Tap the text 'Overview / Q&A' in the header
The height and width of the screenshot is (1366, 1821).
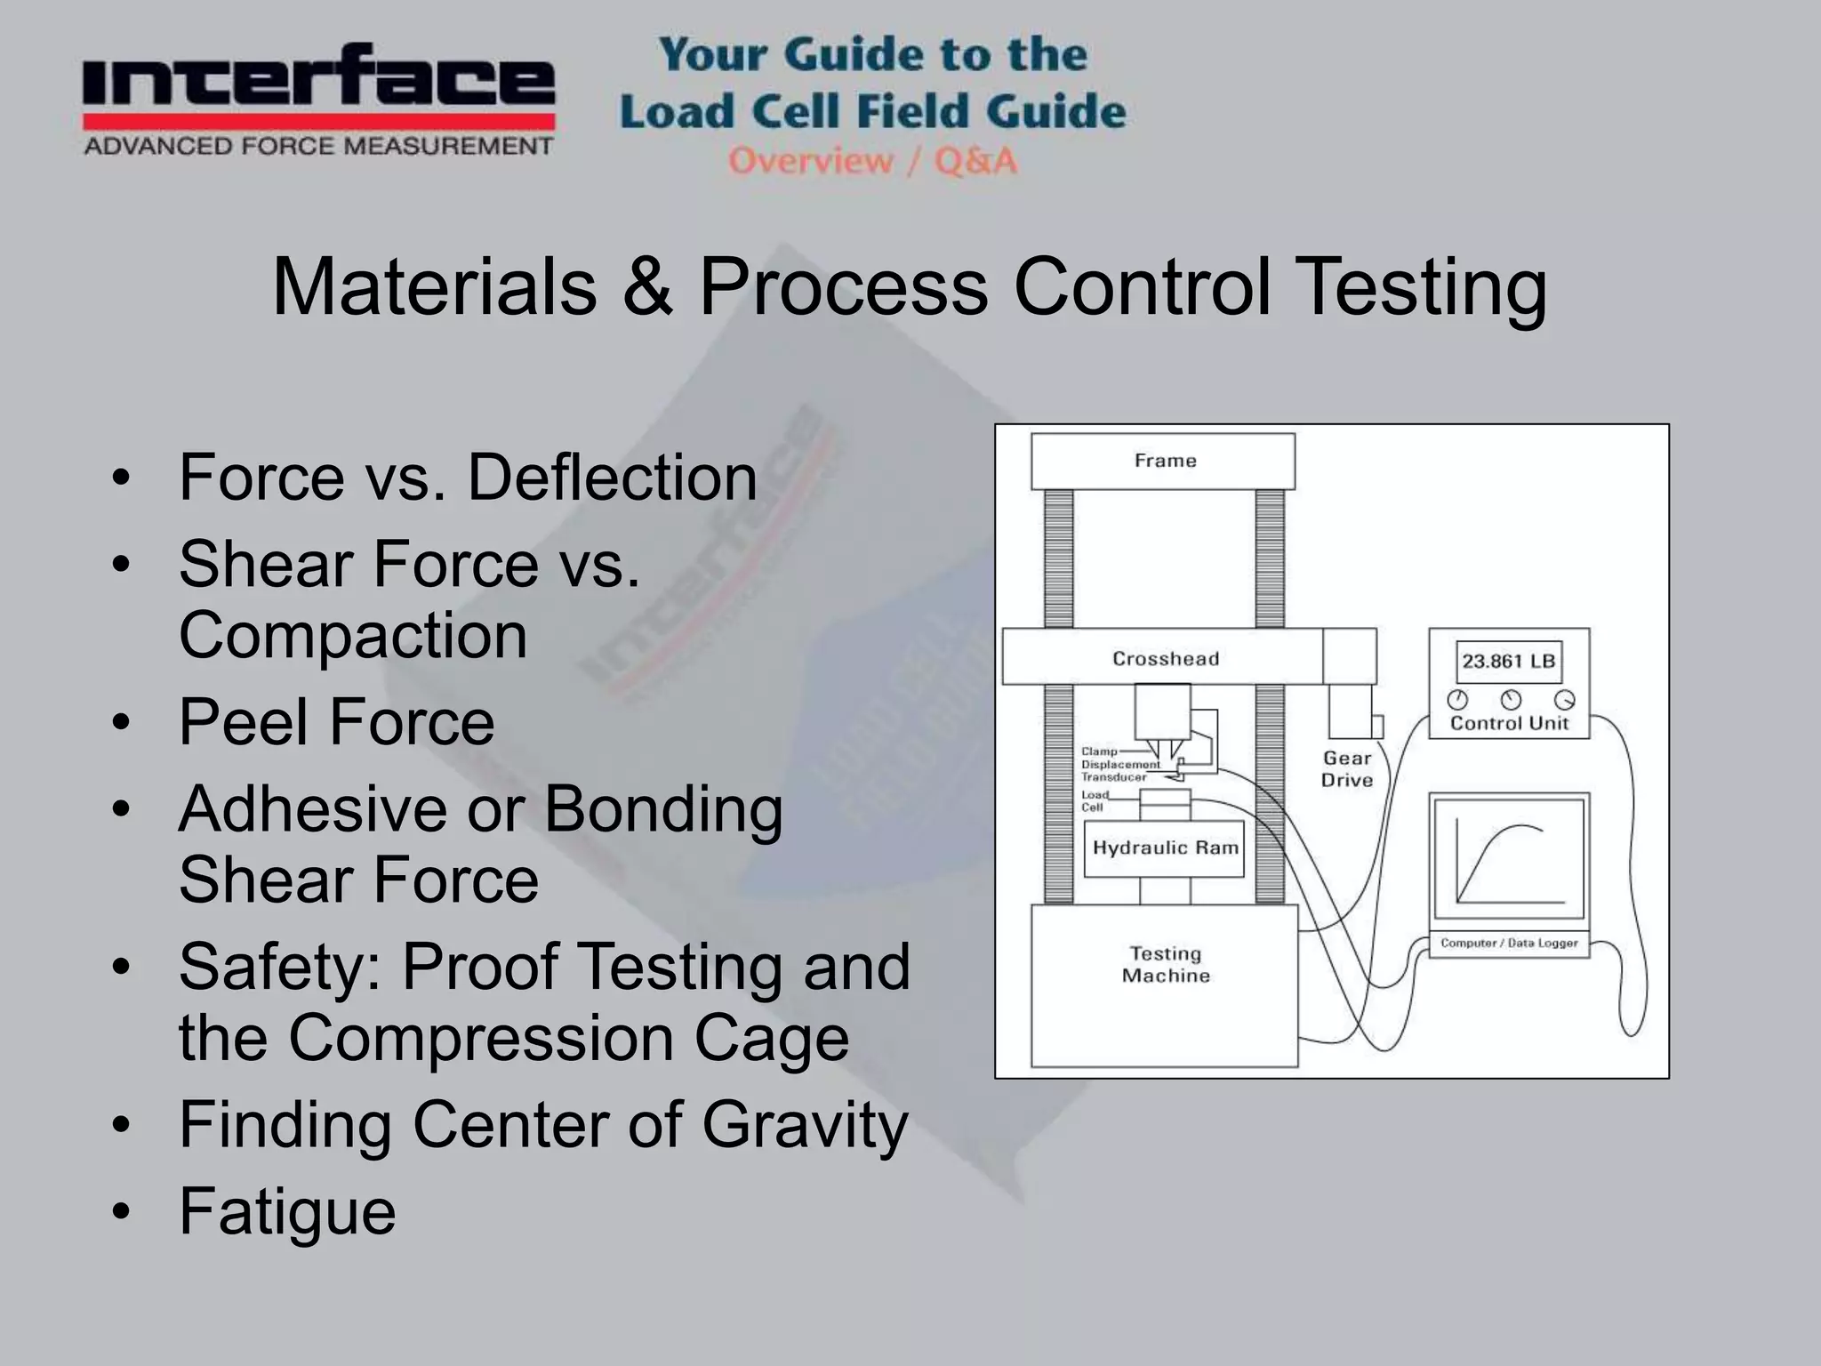(x=872, y=161)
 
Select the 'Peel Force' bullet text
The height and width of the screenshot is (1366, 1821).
(x=336, y=721)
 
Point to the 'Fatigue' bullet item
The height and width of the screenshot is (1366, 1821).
(x=287, y=1211)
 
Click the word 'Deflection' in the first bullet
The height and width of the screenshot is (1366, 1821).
(x=612, y=478)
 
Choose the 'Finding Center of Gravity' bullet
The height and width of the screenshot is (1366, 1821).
(x=543, y=1125)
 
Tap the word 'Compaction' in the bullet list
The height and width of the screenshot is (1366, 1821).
(x=353, y=635)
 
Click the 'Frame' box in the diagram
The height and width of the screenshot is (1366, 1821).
(x=1163, y=461)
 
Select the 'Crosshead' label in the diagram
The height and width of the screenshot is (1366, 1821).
(x=1165, y=659)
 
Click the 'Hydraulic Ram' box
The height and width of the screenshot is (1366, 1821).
(x=1164, y=848)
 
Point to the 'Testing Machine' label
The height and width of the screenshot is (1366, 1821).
(x=1166, y=965)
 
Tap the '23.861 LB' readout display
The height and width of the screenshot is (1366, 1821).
(x=1508, y=662)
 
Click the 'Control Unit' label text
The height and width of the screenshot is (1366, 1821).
(x=1508, y=723)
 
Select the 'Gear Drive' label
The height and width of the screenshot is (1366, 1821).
(x=1346, y=769)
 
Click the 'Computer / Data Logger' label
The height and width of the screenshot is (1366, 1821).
(x=1509, y=943)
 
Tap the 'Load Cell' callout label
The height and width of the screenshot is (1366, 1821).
(x=1094, y=801)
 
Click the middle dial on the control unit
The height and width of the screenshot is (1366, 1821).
(x=1511, y=699)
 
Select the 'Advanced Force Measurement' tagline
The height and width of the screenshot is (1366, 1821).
(x=318, y=146)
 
